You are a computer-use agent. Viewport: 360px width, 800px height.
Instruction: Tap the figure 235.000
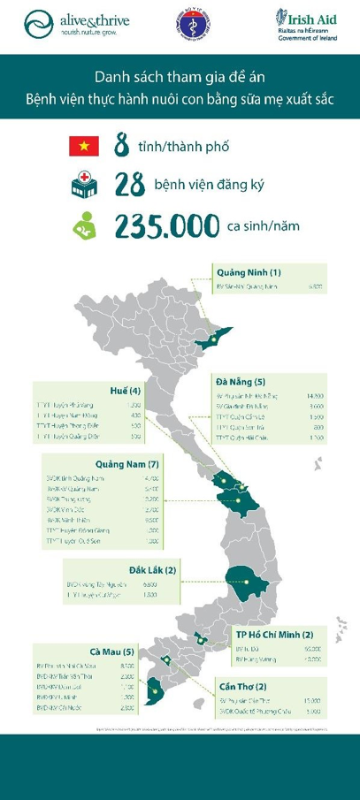[x=166, y=225]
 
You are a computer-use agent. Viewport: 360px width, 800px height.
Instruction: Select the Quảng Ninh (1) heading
[x=249, y=272]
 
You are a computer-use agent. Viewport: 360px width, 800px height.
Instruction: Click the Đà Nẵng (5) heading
[x=241, y=381]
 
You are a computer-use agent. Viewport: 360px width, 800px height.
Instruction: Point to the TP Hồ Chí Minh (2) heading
[x=273, y=634]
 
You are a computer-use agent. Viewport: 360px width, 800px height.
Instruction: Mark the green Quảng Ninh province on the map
[x=215, y=339]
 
